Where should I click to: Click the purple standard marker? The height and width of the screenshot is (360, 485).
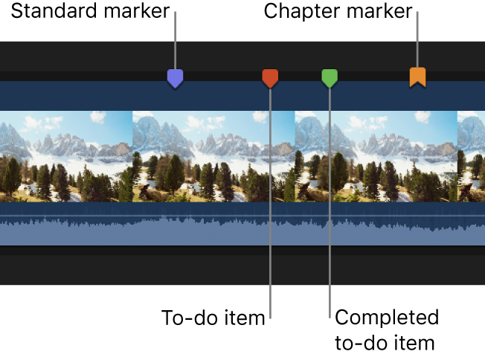(x=175, y=78)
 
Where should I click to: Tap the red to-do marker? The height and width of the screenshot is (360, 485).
(x=270, y=77)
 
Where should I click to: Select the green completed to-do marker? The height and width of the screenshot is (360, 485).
(x=330, y=77)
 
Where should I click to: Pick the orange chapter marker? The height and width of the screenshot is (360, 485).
(x=418, y=77)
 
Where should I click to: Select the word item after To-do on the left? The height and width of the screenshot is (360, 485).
(x=245, y=318)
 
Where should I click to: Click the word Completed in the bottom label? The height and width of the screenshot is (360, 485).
(x=387, y=318)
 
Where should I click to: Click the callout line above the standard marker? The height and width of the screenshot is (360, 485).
(x=175, y=41)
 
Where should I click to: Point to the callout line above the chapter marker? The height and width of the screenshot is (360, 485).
(x=418, y=41)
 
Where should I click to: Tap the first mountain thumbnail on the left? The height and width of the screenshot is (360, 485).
(x=66, y=156)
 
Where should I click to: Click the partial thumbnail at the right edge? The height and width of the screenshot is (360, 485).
(x=471, y=156)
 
